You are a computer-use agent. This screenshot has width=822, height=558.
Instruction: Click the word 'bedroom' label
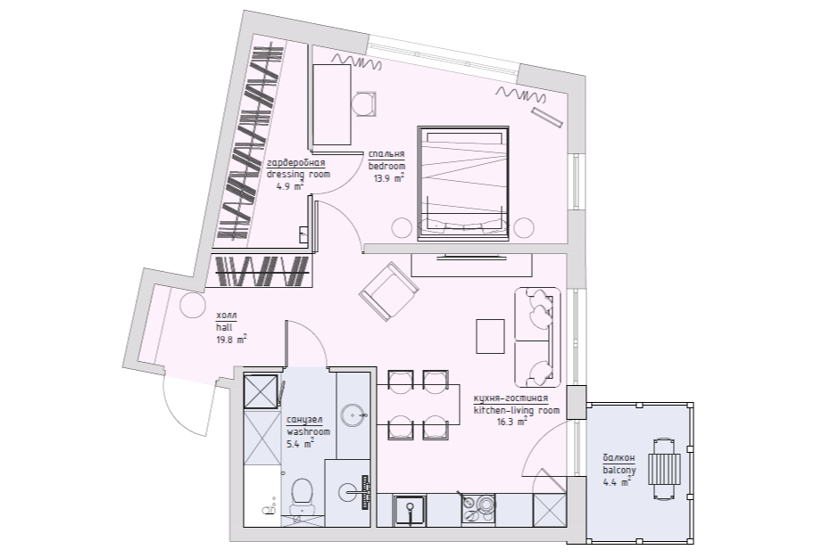386,166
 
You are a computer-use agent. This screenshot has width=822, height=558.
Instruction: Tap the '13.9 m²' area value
388,178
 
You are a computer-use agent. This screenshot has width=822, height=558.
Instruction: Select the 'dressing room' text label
298,174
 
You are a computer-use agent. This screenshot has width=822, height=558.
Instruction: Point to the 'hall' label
224,328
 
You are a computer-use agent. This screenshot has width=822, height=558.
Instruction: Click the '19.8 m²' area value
231,340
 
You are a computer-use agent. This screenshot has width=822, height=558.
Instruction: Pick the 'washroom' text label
308,431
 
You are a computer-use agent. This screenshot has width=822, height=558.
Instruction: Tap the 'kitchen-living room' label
517,410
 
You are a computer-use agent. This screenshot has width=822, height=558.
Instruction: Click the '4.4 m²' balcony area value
617,482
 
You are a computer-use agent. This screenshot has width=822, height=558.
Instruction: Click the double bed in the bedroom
463,184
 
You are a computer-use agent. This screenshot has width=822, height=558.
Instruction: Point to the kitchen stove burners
478,509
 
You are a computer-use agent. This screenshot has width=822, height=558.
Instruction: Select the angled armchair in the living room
388,291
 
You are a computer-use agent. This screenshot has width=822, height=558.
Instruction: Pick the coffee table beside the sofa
490,337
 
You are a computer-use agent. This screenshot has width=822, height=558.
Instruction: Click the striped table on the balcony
664,469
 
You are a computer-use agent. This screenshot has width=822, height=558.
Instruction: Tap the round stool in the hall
193,304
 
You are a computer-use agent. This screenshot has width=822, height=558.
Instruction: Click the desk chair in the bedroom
364,104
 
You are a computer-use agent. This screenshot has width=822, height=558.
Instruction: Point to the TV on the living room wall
472,256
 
